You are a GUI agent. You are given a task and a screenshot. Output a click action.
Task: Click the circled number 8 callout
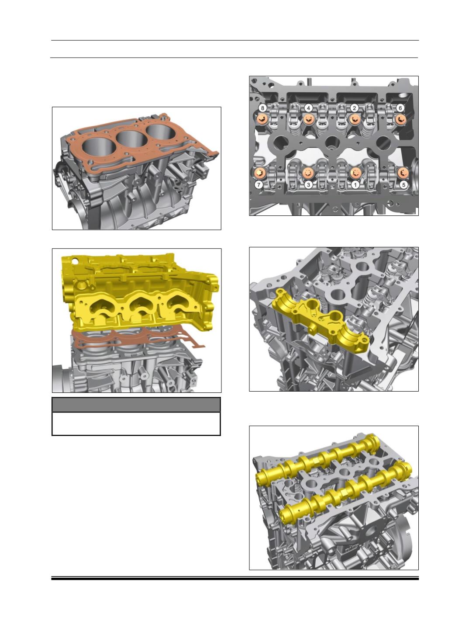pos(262,108)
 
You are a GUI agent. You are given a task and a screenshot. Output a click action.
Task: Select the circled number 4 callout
pos(308,108)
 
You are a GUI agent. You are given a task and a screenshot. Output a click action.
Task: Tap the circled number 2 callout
pos(354,108)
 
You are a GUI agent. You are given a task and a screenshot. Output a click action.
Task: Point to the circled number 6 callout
pos(400,108)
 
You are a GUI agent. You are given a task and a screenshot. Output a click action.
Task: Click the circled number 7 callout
pos(259,185)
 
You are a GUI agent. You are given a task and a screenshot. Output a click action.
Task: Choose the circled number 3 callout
pos(308,185)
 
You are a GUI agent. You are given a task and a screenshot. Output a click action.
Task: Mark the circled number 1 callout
pos(355,185)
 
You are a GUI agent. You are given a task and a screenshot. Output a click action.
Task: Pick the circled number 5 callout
pos(403,185)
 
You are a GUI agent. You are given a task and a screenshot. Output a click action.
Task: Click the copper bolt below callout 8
pos(262,120)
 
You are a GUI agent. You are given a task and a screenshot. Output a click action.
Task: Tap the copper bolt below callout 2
pos(355,120)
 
